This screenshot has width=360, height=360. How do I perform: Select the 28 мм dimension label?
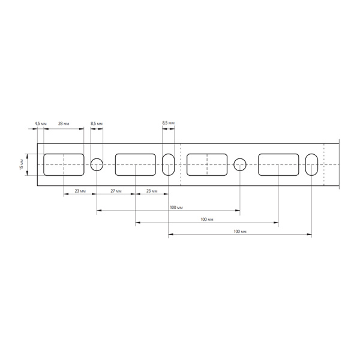click(x=63, y=123)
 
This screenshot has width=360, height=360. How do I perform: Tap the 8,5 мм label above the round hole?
click(x=96, y=123)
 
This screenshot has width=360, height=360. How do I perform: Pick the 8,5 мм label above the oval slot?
click(x=169, y=123)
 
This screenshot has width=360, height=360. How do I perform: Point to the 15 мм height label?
click(x=22, y=164)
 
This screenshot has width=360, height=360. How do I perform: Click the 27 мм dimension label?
click(x=116, y=191)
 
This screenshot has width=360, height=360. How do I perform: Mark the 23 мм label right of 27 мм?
click(x=152, y=191)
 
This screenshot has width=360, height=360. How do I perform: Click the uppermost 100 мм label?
click(x=176, y=207)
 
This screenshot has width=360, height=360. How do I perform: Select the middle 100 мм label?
click(x=206, y=220)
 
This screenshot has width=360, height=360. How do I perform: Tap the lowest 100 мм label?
click(x=239, y=231)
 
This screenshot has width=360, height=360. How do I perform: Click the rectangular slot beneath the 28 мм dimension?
click(x=64, y=164)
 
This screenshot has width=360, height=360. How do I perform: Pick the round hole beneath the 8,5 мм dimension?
click(x=97, y=164)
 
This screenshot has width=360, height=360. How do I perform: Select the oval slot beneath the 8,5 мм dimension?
click(x=169, y=164)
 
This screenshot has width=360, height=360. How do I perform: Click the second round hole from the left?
click(x=240, y=164)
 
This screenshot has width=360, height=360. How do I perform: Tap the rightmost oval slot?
click(x=311, y=164)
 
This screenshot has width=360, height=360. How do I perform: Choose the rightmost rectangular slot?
click(x=278, y=164)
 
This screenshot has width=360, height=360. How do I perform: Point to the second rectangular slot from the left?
click(x=135, y=164)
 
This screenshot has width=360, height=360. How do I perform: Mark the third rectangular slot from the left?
click(x=206, y=164)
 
